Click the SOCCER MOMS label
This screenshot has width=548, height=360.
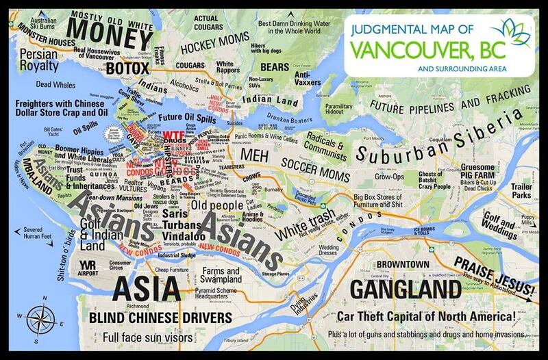(318, 166)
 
